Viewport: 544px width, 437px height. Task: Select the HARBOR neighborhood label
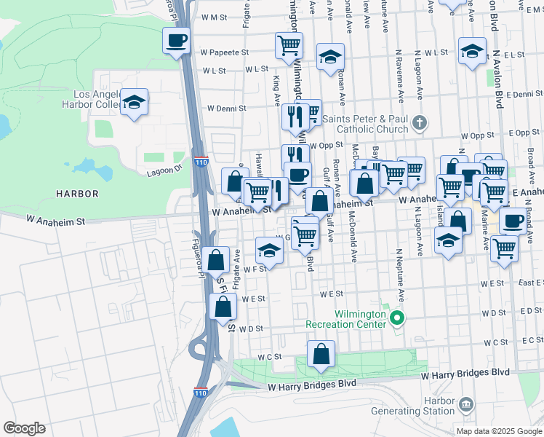77,193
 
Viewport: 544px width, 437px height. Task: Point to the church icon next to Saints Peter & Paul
419,122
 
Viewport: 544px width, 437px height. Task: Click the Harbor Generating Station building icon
466,403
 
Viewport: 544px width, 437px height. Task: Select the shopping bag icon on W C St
321,355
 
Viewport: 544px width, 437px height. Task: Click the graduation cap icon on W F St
269,251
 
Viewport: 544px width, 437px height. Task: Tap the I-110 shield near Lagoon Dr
201,162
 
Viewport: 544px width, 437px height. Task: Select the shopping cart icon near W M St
289,45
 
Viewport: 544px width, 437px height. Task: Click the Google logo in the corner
24,428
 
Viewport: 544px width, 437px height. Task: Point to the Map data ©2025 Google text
498,431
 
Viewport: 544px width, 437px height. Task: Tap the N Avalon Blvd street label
498,80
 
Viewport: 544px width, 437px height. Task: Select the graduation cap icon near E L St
472,51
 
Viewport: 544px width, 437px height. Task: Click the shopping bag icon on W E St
223,307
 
